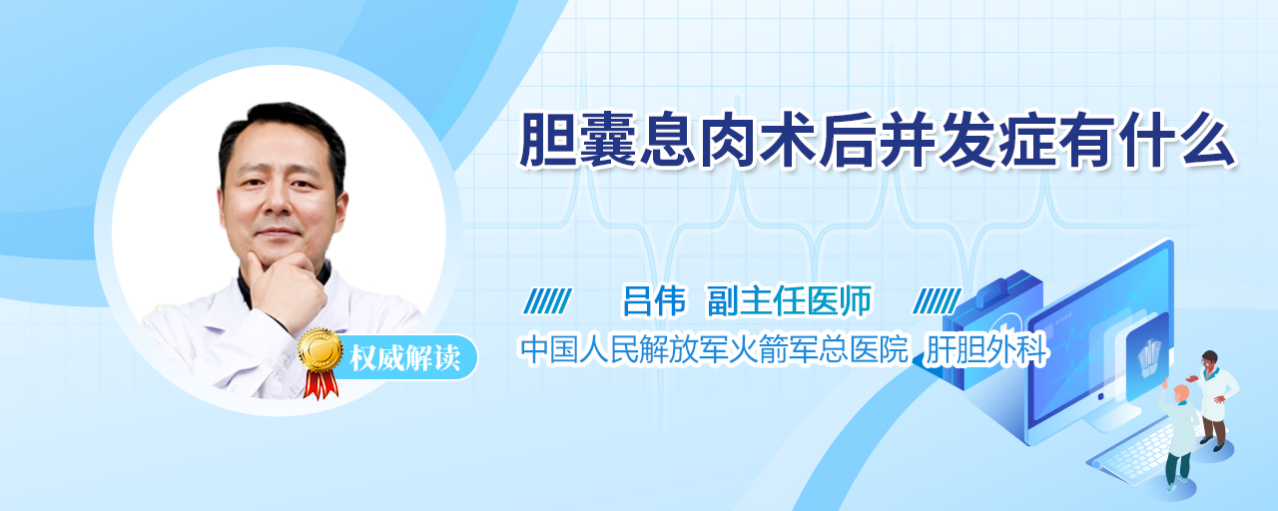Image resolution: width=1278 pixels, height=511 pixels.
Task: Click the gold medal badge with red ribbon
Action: coord(320,362)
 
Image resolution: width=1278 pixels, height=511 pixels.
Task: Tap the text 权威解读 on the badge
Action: coord(405,358)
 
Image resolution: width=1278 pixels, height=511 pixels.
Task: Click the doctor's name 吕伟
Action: coord(654,300)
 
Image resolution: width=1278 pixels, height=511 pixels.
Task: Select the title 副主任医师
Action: coord(790,300)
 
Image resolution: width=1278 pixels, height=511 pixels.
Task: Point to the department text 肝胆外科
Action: coord(986,349)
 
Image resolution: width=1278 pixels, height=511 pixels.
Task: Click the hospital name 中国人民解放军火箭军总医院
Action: coord(714,349)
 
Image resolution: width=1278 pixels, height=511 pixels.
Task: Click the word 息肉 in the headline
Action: coord(699,141)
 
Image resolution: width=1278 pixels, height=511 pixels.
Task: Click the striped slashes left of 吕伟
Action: coord(548,301)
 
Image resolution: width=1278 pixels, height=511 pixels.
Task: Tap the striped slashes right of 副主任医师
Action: coord(938,301)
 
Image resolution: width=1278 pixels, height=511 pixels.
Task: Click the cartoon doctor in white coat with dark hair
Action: coord(1212,398)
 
